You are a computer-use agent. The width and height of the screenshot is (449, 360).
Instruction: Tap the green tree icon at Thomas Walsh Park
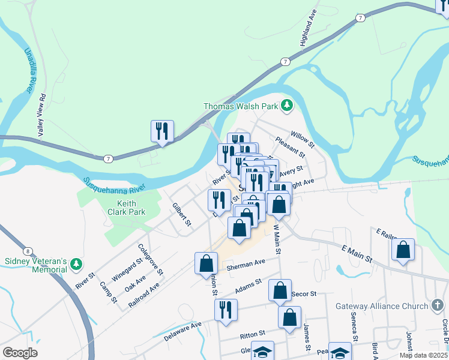(287, 106)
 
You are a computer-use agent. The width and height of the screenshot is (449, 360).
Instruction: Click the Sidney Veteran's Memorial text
(35, 265)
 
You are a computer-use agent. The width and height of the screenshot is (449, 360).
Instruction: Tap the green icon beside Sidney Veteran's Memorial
(76, 264)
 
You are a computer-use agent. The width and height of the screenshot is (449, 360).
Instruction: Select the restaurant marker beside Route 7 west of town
(162, 131)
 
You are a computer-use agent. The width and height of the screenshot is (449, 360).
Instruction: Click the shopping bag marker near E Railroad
(403, 250)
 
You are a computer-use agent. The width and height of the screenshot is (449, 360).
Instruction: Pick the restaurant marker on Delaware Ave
(226, 310)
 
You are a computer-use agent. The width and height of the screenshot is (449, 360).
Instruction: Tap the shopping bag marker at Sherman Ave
(206, 263)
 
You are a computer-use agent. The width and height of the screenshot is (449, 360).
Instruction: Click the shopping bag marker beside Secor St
(280, 290)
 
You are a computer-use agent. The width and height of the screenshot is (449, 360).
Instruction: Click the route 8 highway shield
(28, 251)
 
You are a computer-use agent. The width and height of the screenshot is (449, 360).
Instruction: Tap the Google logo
(20, 352)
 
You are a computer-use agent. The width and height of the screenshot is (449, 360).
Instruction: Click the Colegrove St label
(150, 259)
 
